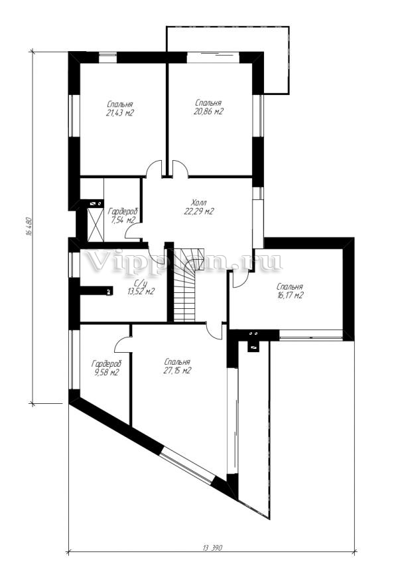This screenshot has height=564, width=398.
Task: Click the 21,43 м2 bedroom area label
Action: coord(119,108)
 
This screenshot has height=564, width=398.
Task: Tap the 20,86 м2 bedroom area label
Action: coord(208,107)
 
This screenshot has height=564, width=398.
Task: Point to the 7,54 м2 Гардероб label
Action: coord(123,216)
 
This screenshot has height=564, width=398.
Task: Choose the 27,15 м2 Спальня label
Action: coord(178,366)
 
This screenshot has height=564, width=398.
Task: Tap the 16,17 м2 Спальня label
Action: coord(289,291)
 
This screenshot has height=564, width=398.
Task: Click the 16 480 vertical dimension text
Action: coord(29,227)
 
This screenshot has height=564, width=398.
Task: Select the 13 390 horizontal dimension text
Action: coord(213,558)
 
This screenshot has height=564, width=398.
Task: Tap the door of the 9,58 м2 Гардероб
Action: coord(123,345)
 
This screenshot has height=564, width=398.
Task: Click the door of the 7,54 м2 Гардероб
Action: coord(133,231)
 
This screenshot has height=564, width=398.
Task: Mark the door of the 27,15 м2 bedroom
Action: coord(216,330)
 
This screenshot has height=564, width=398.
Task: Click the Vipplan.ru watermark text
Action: coord(183,262)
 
